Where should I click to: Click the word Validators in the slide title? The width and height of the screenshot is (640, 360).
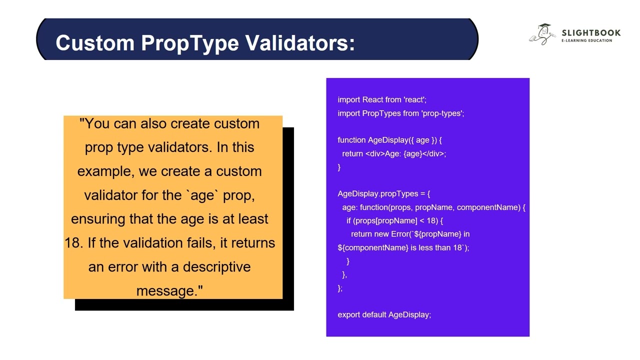(299, 43)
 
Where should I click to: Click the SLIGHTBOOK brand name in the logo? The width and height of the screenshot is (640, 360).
(591, 33)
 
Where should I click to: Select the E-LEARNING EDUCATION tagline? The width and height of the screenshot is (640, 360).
(586, 40)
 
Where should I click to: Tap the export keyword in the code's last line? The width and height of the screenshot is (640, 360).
(349, 314)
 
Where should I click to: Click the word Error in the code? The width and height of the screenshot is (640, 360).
(400, 234)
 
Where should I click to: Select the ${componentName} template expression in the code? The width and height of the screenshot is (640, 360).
(373, 247)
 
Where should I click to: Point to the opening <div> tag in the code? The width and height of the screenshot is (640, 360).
(375, 153)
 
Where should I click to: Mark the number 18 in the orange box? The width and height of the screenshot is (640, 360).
(73, 243)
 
